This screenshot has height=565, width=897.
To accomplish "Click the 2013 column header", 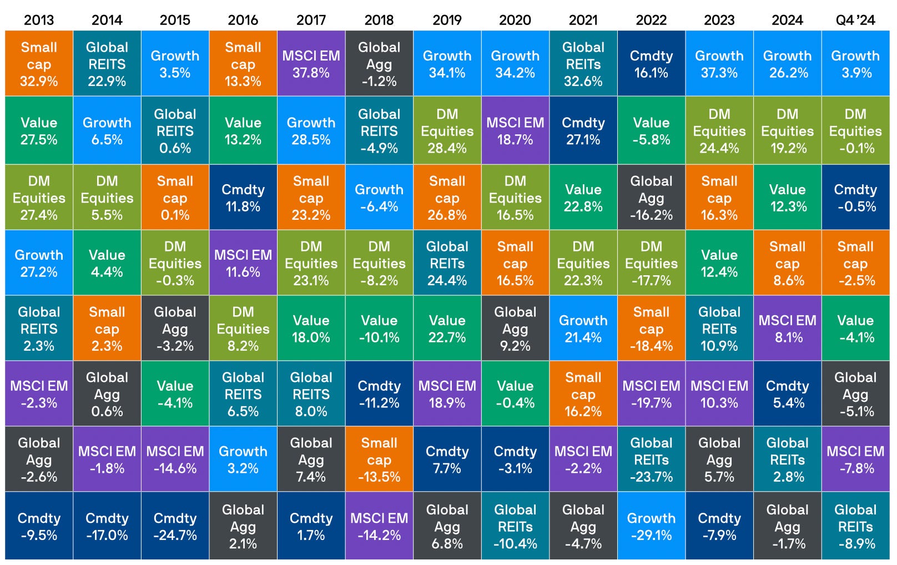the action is (x=39, y=20).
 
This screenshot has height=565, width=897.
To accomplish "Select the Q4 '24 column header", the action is (x=855, y=20).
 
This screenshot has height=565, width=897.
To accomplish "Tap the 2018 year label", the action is (x=379, y=20).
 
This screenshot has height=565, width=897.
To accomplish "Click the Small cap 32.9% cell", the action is (x=39, y=63).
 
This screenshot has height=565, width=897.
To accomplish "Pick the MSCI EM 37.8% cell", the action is (x=311, y=63).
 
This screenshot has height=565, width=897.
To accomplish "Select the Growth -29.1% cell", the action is (x=651, y=526).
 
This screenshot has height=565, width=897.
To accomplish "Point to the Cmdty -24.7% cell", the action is (x=175, y=526).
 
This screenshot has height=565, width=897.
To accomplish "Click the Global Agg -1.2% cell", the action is (x=379, y=63).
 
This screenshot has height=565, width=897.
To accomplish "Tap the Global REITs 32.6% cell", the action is (x=583, y=63).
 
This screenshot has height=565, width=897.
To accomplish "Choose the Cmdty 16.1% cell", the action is (x=651, y=63).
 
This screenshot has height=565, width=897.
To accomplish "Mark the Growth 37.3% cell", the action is (x=719, y=63).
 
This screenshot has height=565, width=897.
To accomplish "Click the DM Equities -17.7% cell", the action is (x=651, y=263).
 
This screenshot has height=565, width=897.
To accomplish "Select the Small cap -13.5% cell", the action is (x=379, y=459).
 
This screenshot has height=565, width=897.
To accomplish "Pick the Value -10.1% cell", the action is (x=379, y=328).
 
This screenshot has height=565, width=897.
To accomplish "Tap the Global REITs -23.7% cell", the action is (x=651, y=459).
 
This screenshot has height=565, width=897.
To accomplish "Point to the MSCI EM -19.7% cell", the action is (x=651, y=394).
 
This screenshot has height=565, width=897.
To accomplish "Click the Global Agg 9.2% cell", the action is (x=515, y=328).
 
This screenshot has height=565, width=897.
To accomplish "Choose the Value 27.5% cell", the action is (x=39, y=130).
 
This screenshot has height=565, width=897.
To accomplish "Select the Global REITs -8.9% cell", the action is (x=855, y=526).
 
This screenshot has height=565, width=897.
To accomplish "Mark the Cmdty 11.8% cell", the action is (x=243, y=197).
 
